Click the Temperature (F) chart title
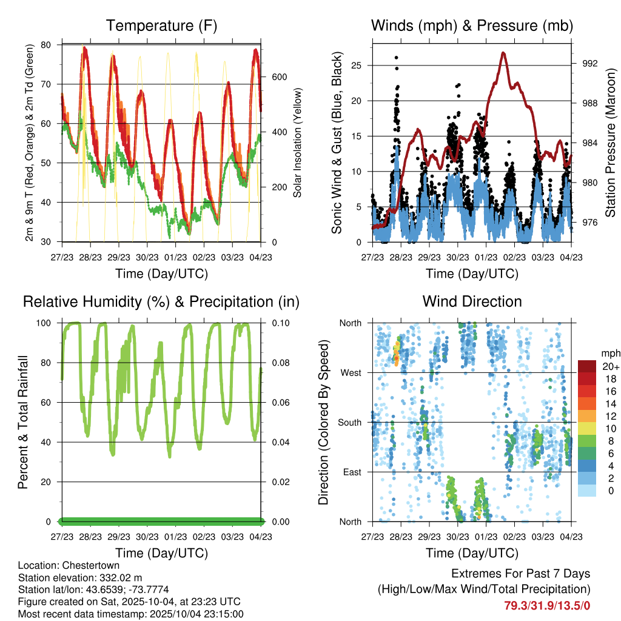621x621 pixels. point(161,25)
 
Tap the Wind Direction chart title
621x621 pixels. point(472,301)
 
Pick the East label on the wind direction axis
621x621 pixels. point(351,472)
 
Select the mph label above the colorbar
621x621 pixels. point(608,353)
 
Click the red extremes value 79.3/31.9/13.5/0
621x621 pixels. point(547,605)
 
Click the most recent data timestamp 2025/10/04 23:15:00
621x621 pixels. point(189,614)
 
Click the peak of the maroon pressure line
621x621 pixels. point(503,53)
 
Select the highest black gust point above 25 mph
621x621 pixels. point(396,58)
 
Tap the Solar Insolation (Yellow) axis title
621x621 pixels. point(298,143)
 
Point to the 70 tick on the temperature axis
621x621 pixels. point(46,84)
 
